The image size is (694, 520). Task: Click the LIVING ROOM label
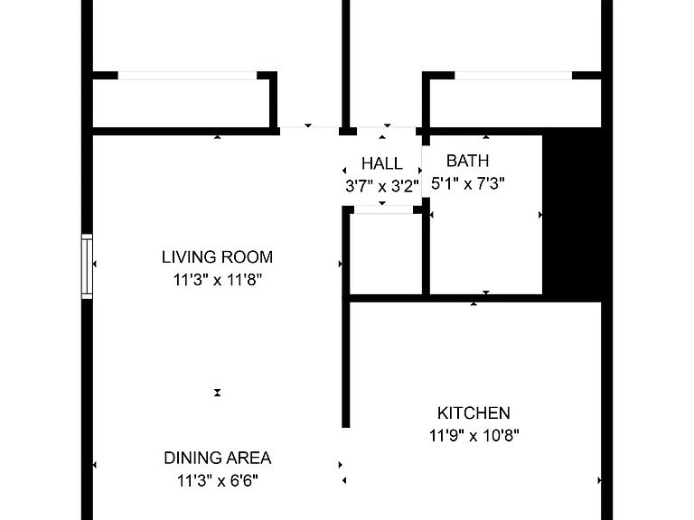click(x=217, y=257)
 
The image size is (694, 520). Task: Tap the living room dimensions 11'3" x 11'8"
click(x=217, y=280)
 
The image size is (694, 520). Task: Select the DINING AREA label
click(x=217, y=458)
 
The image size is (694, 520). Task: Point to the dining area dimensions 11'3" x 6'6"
click(x=217, y=480)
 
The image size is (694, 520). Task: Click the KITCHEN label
click(x=474, y=413)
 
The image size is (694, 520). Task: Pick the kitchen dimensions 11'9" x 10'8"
click(x=474, y=436)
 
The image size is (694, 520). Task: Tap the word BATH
click(x=467, y=162)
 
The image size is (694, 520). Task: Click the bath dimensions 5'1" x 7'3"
click(x=467, y=184)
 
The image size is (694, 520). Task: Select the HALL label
click(x=381, y=164)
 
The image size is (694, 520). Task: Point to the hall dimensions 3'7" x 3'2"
click(x=381, y=187)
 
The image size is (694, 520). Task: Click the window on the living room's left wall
click(x=88, y=266)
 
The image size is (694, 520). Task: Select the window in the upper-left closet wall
click(x=188, y=76)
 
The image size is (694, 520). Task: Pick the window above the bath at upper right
click(x=512, y=76)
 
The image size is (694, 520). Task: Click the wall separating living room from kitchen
click(x=345, y=361)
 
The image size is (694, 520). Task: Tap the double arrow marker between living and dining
click(x=217, y=393)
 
